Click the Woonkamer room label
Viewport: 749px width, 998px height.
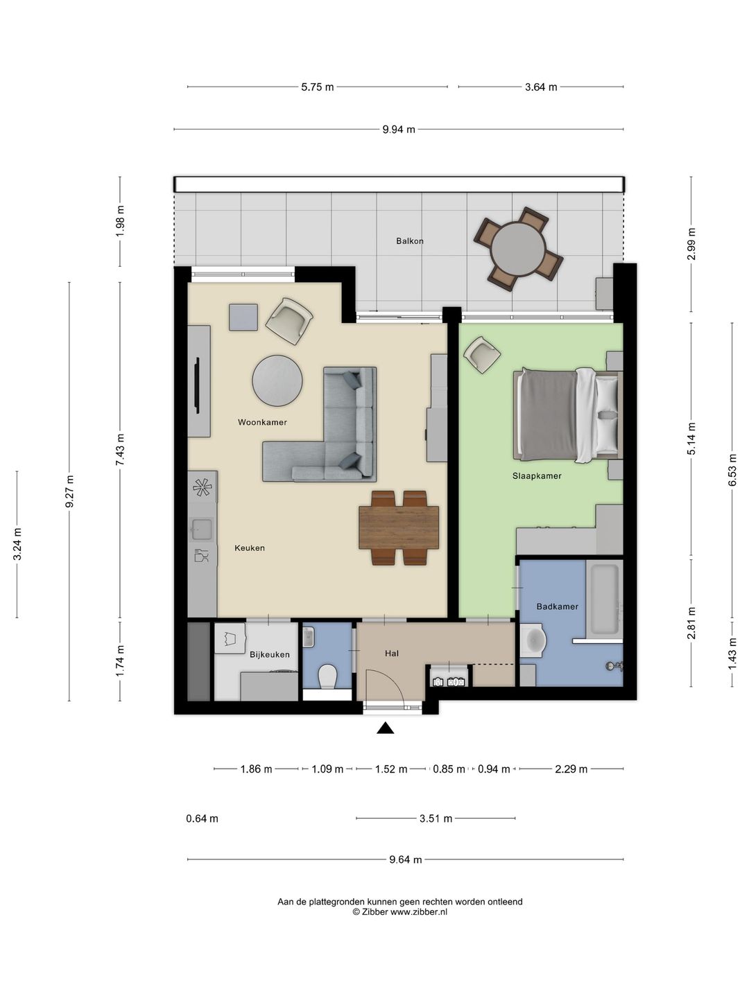tap(262, 422)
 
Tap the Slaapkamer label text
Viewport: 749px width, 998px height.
tap(537, 476)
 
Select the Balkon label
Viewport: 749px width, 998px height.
tap(409, 241)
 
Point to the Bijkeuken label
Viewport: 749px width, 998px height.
tap(269, 655)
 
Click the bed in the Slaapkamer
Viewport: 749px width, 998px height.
tap(567, 415)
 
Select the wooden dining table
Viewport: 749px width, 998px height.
tap(399, 528)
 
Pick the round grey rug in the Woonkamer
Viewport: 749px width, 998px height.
tap(277, 380)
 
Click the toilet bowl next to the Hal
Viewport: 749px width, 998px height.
tap(327, 676)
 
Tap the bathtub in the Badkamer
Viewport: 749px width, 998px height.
tap(604, 599)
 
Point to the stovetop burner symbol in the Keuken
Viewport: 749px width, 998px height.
tap(202, 487)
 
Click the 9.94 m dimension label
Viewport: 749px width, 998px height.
tap(398, 130)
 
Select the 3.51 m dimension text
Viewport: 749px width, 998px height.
tap(436, 819)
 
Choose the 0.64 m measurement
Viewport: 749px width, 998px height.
tap(202, 819)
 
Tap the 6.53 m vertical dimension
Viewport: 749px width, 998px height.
tap(732, 470)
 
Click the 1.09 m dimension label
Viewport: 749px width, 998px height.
tap(327, 769)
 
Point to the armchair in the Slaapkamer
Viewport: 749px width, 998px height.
tap(481, 354)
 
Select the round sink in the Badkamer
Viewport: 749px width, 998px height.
tap(533, 641)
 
